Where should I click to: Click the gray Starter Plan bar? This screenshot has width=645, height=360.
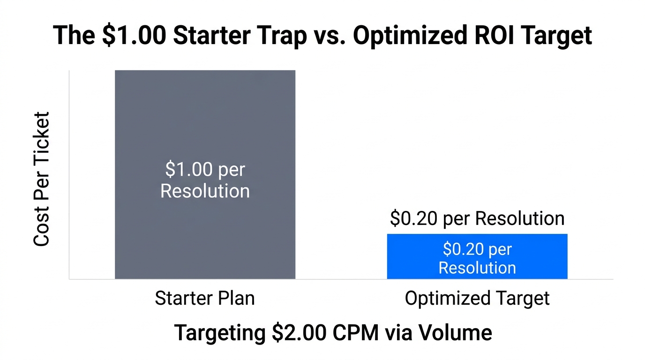(x=205, y=117)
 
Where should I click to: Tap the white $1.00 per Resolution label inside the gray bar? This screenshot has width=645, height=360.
(x=205, y=180)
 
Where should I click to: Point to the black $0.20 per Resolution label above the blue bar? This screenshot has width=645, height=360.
(x=477, y=219)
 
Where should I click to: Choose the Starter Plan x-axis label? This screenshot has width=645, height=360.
(x=205, y=299)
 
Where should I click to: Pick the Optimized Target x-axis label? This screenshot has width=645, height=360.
(x=477, y=299)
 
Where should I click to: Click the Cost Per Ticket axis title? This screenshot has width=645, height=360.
(x=41, y=179)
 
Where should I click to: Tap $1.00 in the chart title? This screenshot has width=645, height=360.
(x=132, y=36)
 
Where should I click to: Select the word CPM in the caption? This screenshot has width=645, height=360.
(x=356, y=332)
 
